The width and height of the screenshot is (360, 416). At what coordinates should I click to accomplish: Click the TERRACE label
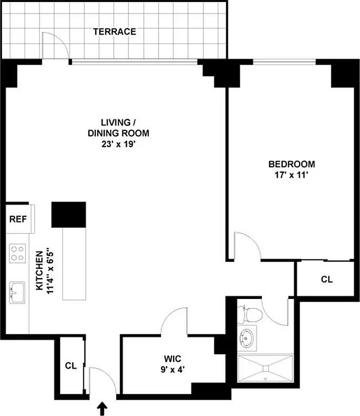tap(114, 32)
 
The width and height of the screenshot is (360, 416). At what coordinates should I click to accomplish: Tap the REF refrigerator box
tap(18, 219)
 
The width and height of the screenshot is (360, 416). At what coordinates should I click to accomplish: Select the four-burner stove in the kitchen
tap(18, 253)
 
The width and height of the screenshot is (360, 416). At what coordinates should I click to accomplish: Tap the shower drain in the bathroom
tap(266, 368)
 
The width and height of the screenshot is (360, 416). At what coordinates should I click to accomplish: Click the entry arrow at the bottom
tap(103, 409)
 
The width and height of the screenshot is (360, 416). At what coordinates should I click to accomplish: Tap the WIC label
tap(172, 359)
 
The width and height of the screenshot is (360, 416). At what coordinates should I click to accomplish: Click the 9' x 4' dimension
tap(172, 370)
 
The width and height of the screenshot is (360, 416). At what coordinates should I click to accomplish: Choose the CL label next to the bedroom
tap(326, 280)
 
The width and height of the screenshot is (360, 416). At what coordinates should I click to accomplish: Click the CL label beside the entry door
tap(71, 366)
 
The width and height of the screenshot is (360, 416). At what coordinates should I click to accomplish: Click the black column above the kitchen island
tap(68, 214)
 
